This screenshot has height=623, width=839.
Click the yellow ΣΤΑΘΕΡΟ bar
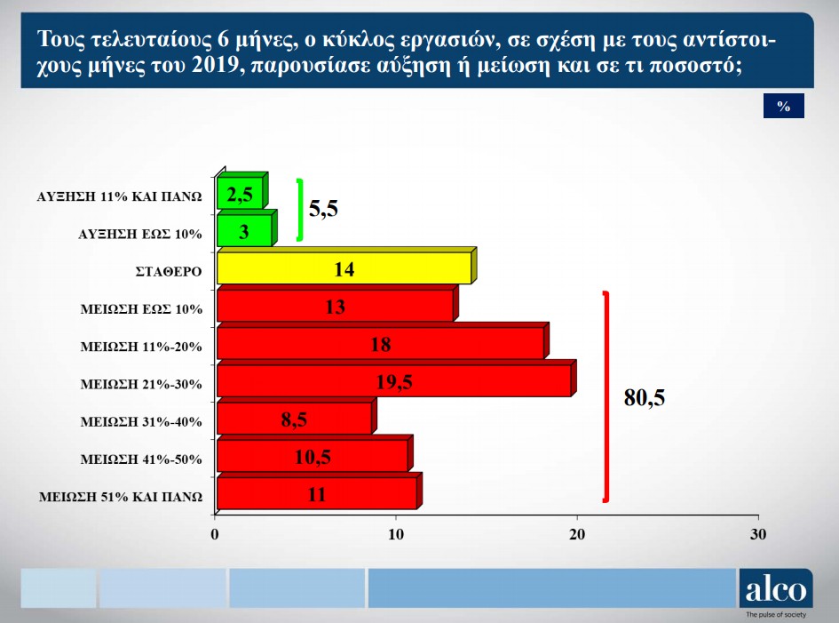click(347, 266)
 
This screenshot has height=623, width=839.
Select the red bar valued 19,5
click(397, 379)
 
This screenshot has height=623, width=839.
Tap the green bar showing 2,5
click(242, 191)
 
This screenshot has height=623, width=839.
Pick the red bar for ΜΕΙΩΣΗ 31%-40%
click(297, 416)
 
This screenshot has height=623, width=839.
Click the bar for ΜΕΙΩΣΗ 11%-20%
click(384, 340)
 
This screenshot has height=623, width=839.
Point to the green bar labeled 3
click(247, 228)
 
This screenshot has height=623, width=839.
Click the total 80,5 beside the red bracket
click(645, 397)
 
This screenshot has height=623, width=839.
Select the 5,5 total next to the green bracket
click(323, 208)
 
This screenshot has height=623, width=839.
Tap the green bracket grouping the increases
click(301, 210)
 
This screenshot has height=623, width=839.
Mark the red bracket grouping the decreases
click(606, 397)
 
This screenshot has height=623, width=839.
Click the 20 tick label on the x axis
click(577, 534)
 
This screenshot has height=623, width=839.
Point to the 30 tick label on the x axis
click(758, 534)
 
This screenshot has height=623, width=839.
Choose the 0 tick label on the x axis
click(215, 534)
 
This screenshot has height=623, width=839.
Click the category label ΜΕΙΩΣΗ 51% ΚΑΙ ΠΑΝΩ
click(121, 497)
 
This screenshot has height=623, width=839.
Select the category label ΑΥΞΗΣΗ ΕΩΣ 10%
click(140, 234)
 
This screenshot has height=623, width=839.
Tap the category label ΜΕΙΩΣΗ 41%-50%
click(141, 459)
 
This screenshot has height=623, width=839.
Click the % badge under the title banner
click(784, 106)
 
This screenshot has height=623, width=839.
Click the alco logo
click(776, 589)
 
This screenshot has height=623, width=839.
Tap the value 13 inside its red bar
click(336, 307)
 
